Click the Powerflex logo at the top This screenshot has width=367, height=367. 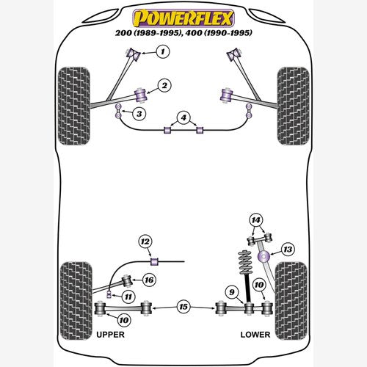(183, 18)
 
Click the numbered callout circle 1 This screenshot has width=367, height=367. (163, 51)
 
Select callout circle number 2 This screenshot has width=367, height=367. (164, 85)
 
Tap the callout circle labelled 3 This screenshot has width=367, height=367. (139, 114)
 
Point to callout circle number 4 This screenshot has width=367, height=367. (183, 117)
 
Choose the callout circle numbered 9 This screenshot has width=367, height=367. (232, 292)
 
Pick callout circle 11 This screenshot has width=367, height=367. (128, 297)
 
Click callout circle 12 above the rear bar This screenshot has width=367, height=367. (145, 241)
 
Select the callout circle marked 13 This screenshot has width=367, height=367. (288, 250)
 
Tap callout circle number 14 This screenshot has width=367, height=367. (256, 220)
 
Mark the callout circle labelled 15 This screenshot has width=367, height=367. (183, 307)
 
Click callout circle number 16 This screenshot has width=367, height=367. (149, 280)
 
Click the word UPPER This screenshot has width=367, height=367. (110, 335)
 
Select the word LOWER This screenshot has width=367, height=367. (255, 335)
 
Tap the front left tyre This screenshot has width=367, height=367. (74, 106)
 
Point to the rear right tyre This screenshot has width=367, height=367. (291, 301)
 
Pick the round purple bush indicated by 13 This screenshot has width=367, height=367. (264, 256)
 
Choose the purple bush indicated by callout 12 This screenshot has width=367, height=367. (154, 261)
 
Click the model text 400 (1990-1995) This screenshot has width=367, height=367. (219, 33)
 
